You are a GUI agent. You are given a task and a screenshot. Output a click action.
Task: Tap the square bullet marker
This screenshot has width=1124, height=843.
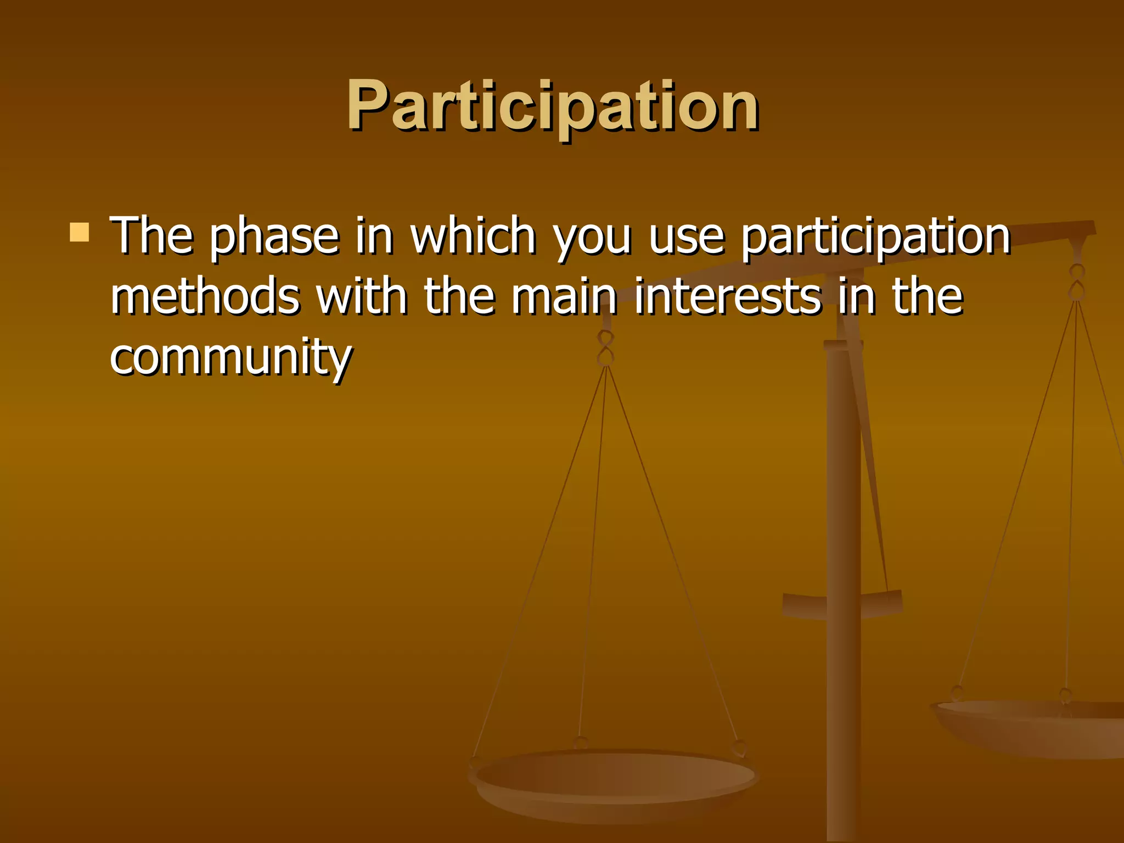80,232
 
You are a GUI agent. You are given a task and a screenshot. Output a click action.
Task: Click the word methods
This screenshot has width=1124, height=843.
205,296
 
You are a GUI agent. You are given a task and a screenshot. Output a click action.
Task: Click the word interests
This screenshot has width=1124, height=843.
727,296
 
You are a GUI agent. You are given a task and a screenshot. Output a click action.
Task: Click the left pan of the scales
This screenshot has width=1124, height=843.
614,779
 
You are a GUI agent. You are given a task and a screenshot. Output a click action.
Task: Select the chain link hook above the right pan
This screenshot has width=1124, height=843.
1077,282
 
